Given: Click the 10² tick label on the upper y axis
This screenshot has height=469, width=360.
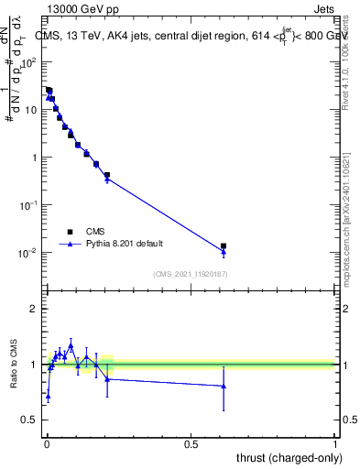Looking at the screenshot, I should [x=30, y=62].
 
